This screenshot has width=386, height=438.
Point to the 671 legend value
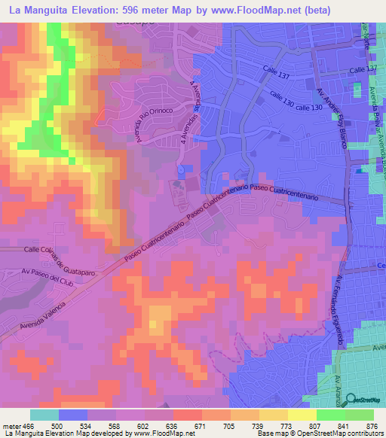point(187,425)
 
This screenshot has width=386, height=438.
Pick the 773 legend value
point(273,425)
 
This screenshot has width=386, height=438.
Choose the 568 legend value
point(102,425)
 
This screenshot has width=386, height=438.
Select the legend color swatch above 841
point(330,415)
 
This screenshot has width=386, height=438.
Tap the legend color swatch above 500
point(73,415)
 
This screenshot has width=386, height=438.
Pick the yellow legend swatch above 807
point(302,415)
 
